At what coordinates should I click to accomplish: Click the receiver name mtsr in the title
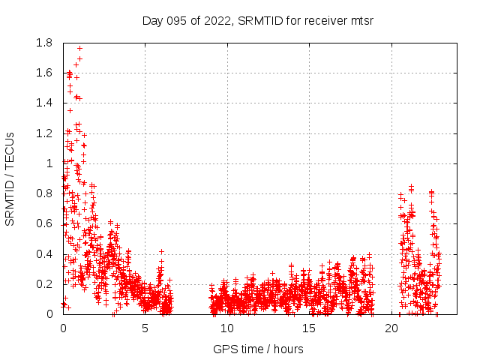[361, 20]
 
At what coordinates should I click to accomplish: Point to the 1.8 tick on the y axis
[44, 43]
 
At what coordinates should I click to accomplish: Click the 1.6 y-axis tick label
[44, 73]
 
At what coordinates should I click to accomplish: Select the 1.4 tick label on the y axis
[44, 103]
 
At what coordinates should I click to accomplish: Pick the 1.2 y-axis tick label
[44, 133]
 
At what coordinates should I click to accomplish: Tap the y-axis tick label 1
[49, 163]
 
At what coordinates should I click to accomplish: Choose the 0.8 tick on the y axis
[44, 193]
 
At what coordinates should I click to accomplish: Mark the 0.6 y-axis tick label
[44, 223]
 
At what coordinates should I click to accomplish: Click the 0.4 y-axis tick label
[44, 253]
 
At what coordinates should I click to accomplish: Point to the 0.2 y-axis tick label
[44, 283]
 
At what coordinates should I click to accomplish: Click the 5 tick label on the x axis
[145, 328]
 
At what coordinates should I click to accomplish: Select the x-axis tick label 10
[227, 328]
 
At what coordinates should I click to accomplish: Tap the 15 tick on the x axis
[310, 328]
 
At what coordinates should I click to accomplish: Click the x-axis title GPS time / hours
[258, 349]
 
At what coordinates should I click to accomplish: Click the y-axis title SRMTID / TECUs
[10, 178]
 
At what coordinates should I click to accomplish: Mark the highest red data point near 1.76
[79, 49]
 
